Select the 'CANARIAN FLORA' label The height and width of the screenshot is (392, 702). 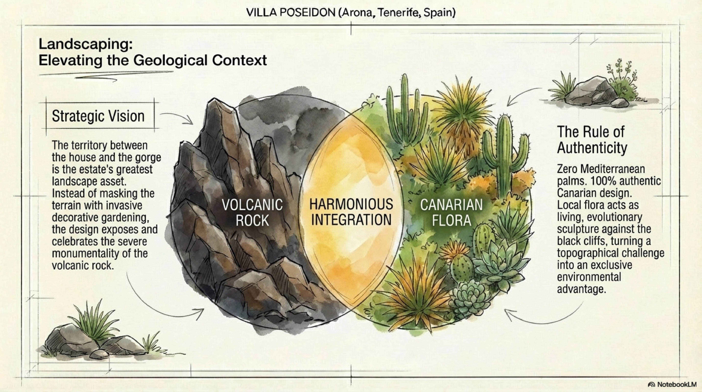pos(451,213)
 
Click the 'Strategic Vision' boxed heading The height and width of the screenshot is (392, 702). pos(98,116)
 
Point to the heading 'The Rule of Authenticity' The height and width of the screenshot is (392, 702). pos(592,140)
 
